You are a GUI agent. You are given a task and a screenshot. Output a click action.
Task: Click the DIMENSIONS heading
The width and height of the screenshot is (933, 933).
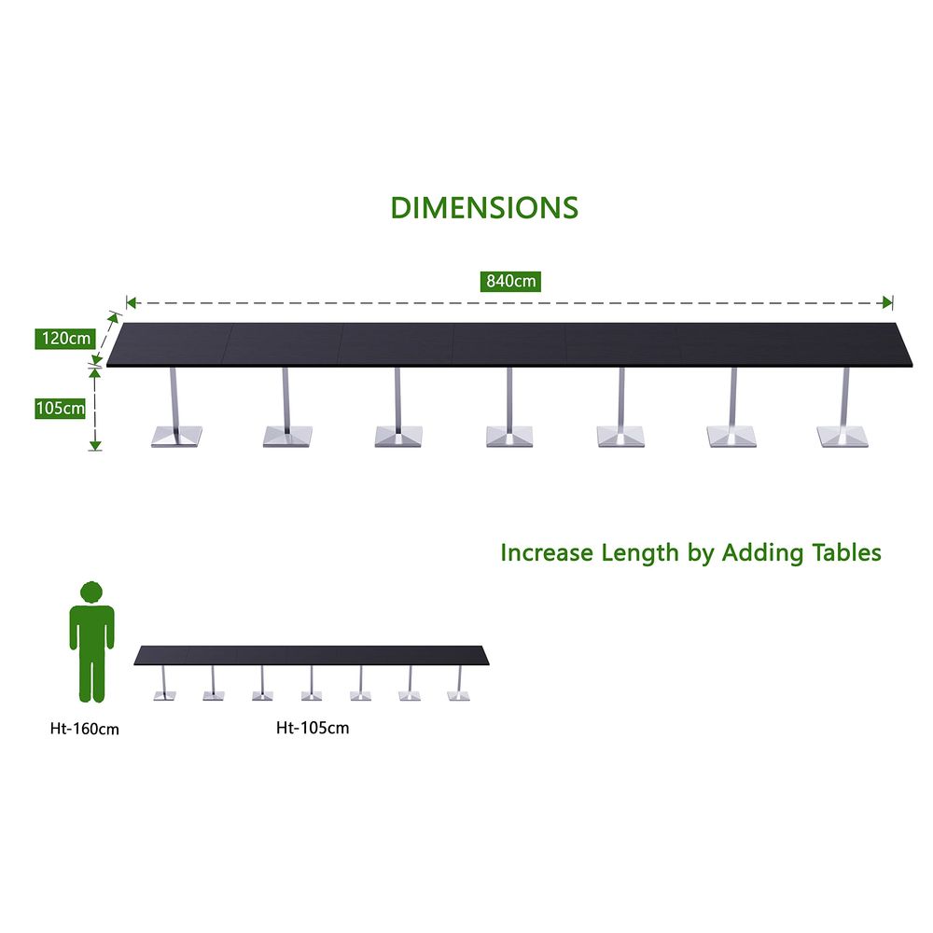[x=484, y=208]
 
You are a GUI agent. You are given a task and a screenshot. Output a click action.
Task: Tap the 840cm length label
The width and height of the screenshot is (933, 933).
[x=510, y=281]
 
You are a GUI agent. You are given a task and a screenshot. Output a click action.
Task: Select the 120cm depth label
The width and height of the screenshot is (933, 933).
[x=65, y=339]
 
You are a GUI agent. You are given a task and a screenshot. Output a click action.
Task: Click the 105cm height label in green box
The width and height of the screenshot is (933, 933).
[x=60, y=409]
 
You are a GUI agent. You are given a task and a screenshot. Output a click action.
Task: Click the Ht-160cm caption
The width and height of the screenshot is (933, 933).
[x=85, y=729]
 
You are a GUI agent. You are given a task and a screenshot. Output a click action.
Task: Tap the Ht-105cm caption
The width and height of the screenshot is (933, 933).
[x=313, y=728]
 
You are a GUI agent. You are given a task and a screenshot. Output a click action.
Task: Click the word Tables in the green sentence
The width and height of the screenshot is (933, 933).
[x=847, y=552]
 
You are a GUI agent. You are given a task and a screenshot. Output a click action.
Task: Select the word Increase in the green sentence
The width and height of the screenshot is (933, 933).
[x=547, y=552]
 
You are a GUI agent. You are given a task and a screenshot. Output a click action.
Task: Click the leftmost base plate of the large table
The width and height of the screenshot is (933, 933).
[x=176, y=436]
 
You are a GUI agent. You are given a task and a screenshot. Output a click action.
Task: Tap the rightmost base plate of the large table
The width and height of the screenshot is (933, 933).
[x=842, y=436]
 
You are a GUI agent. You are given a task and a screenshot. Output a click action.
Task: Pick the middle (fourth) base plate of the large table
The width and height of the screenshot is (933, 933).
[x=509, y=436]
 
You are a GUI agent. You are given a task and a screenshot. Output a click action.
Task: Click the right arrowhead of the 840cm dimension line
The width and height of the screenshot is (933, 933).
[x=888, y=303]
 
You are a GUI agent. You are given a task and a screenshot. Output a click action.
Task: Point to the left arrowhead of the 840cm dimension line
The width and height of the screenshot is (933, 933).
[x=132, y=303]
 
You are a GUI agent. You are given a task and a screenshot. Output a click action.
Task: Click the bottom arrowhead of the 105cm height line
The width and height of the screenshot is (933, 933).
[x=95, y=446]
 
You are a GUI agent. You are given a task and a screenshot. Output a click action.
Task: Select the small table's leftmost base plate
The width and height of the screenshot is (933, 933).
[x=165, y=696]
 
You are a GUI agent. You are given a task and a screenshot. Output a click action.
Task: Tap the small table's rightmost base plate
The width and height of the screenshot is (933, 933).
[x=458, y=696]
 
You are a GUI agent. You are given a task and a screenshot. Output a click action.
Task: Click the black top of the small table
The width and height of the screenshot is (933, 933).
[x=312, y=655]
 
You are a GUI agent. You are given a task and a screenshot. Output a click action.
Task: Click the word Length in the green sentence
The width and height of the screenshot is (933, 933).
[x=640, y=553]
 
